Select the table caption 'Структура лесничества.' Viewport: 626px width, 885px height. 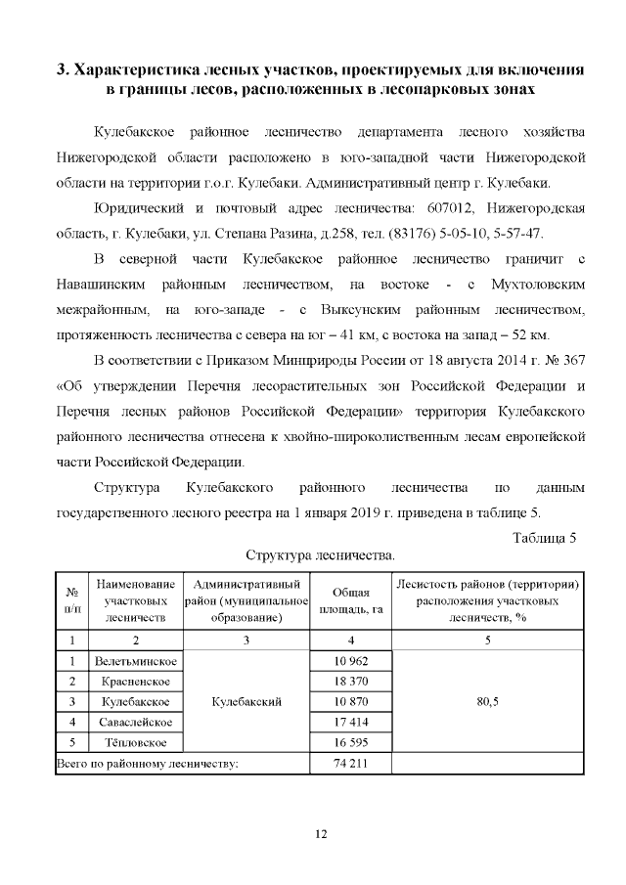[320, 554]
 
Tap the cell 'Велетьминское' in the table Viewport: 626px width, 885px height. [135, 662]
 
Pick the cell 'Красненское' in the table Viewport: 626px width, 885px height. [135, 682]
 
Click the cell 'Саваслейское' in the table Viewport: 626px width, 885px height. [135, 722]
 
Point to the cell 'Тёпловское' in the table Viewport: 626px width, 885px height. [135, 741]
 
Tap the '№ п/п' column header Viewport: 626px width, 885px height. [71, 600]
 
